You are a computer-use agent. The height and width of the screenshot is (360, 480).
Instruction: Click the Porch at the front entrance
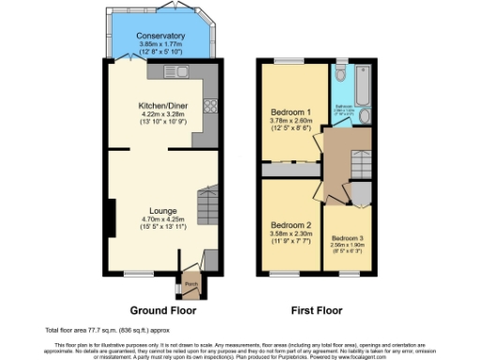[190, 283]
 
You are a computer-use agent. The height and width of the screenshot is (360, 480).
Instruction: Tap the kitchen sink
[172, 71]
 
